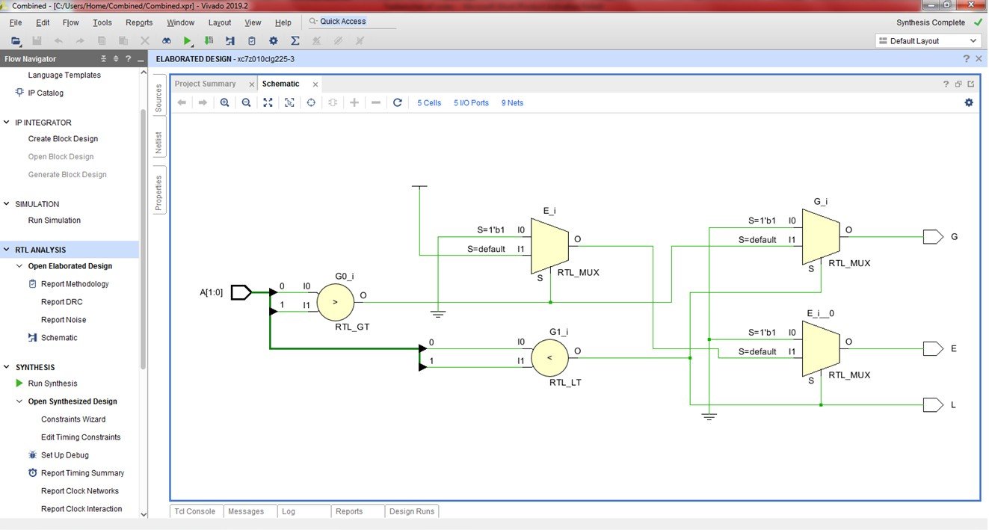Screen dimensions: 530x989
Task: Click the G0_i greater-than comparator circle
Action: [x=334, y=302]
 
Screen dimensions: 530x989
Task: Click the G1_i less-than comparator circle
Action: [x=549, y=357]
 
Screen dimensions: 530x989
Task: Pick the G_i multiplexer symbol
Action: [x=821, y=236]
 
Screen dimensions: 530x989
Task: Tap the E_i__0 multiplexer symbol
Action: [x=821, y=348]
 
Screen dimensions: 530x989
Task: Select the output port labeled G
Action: [x=933, y=237]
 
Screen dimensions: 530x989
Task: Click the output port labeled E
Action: [x=933, y=348]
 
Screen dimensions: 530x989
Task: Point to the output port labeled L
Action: [x=933, y=404]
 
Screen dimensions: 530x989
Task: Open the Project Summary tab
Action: [x=206, y=84]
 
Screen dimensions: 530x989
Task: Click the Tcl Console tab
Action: [x=194, y=511]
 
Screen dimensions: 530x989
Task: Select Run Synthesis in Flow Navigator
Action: [x=52, y=383]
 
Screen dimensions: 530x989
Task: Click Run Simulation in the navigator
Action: [x=54, y=221]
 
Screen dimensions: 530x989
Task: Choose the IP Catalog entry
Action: [x=46, y=93]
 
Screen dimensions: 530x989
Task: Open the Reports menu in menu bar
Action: [x=139, y=22]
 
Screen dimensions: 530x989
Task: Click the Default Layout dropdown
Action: [x=927, y=41]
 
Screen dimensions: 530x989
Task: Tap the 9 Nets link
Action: [x=512, y=103]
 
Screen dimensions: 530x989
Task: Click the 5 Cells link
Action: [x=429, y=103]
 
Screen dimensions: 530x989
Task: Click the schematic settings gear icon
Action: [x=969, y=102]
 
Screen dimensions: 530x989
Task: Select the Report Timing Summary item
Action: [x=82, y=473]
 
